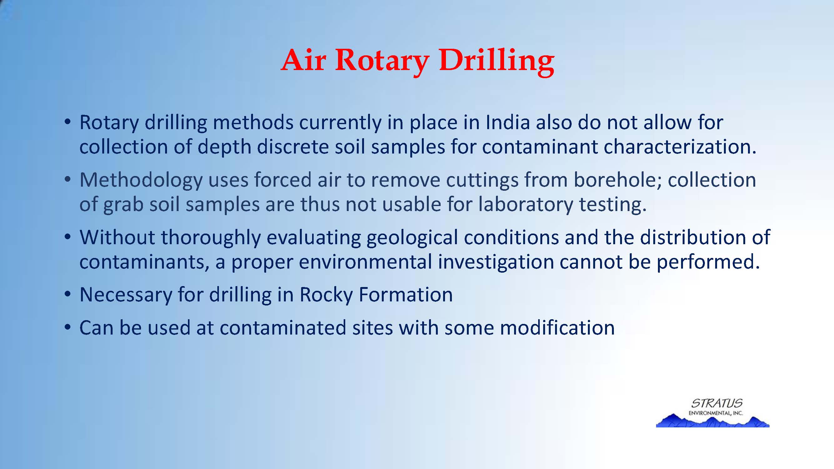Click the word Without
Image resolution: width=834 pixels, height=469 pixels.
click(x=117, y=237)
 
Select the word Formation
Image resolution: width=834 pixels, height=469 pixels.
click(x=406, y=295)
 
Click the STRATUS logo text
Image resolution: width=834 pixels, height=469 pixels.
click(x=716, y=403)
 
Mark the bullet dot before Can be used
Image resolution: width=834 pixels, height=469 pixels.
click(x=67, y=328)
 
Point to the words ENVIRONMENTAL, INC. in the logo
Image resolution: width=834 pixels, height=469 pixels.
click(x=715, y=413)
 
